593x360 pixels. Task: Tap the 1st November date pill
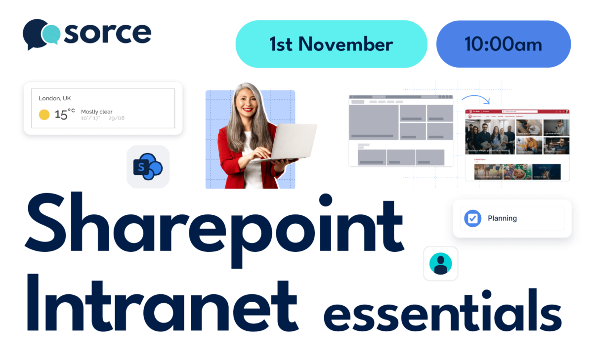click(x=331, y=44)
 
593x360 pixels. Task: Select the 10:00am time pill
click(x=503, y=44)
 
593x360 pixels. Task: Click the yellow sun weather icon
click(x=44, y=115)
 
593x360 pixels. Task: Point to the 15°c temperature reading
click(x=64, y=114)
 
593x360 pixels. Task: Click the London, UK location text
click(x=55, y=98)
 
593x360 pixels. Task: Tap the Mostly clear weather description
click(x=97, y=112)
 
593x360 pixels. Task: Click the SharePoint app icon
click(x=148, y=167)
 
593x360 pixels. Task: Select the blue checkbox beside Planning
click(x=472, y=218)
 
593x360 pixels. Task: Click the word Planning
click(x=502, y=218)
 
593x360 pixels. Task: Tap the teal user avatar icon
click(x=440, y=263)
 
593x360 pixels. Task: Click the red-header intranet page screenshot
click(x=517, y=145)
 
